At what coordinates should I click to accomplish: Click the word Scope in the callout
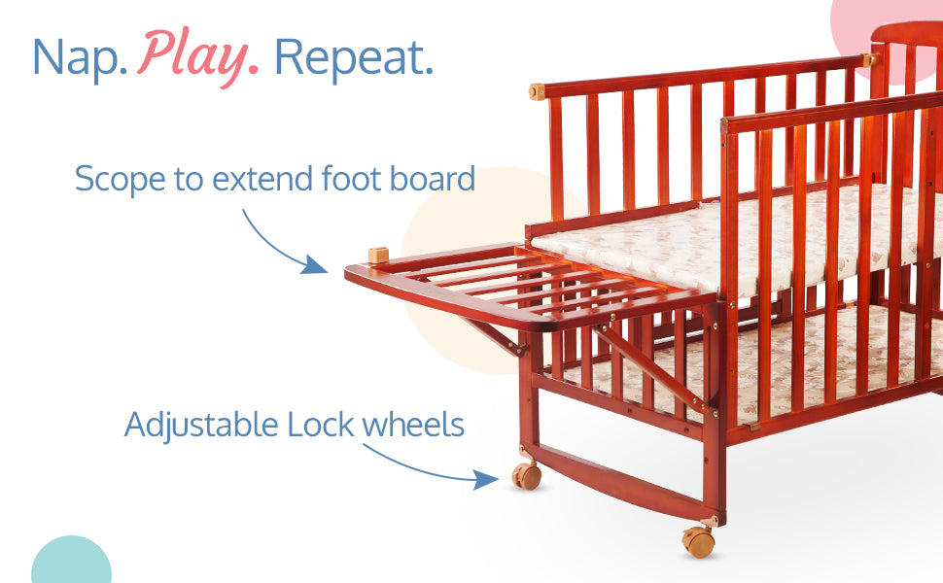[121, 180]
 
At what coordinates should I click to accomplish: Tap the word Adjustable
[201, 426]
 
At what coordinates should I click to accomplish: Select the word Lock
[321, 425]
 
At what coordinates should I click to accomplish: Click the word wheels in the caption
[412, 425]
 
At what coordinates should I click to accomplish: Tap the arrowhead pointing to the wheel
[485, 479]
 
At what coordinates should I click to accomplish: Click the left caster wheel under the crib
[526, 475]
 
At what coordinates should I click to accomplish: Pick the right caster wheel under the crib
[698, 541]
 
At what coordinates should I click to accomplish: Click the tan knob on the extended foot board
[377, 255]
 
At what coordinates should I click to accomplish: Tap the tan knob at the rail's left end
[537, 91]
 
